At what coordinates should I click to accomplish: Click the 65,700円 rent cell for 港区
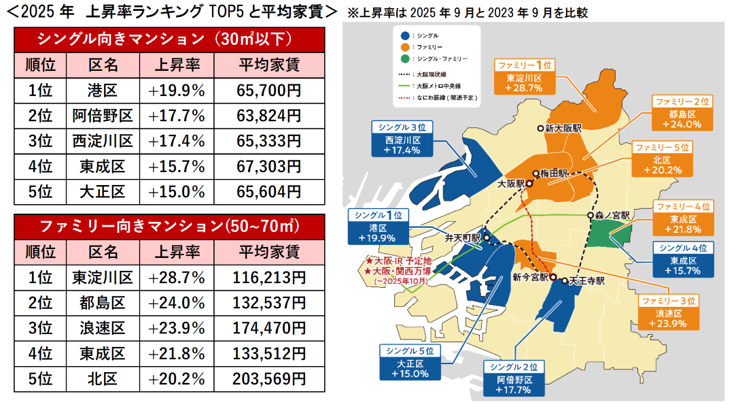pyautogui.click(x=268, y=90)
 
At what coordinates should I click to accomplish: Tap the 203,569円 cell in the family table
pyautogui.click(x=268, y=379)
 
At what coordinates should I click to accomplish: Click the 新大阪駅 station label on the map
pyautogui.click(x=562, y=128)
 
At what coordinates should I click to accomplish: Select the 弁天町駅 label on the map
pyautogui.click(x=462, y=239)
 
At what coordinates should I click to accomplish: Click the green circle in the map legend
pyautogui.click(x=406, y=59)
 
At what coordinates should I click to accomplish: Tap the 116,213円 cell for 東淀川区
pyautogui.click(x=268, y=277)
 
